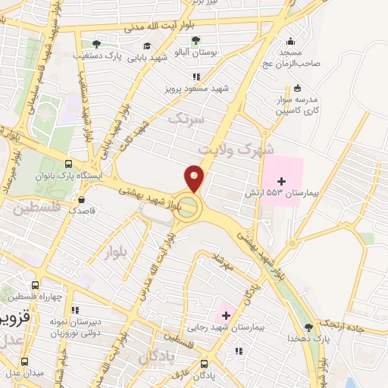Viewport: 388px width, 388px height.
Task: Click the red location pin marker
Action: [x=194, y=180]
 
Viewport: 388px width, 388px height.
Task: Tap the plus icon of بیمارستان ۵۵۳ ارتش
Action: [x=282, y=180]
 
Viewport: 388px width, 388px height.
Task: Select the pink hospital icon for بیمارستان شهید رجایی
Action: [x=225, y=314]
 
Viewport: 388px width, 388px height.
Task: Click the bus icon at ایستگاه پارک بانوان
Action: [x=69, y=164]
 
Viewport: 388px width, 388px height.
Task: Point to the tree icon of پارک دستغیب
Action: [x=95, y=44]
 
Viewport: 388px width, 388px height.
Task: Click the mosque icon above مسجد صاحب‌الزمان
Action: [x=290, y=41]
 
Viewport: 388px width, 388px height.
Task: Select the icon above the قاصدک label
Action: [x=81, y=200]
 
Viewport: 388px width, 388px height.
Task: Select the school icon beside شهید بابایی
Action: [x=146, y=46]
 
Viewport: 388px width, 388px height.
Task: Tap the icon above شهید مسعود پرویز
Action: [x=197, y=77]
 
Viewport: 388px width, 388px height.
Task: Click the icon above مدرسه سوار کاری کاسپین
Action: [x=296, y=87]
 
